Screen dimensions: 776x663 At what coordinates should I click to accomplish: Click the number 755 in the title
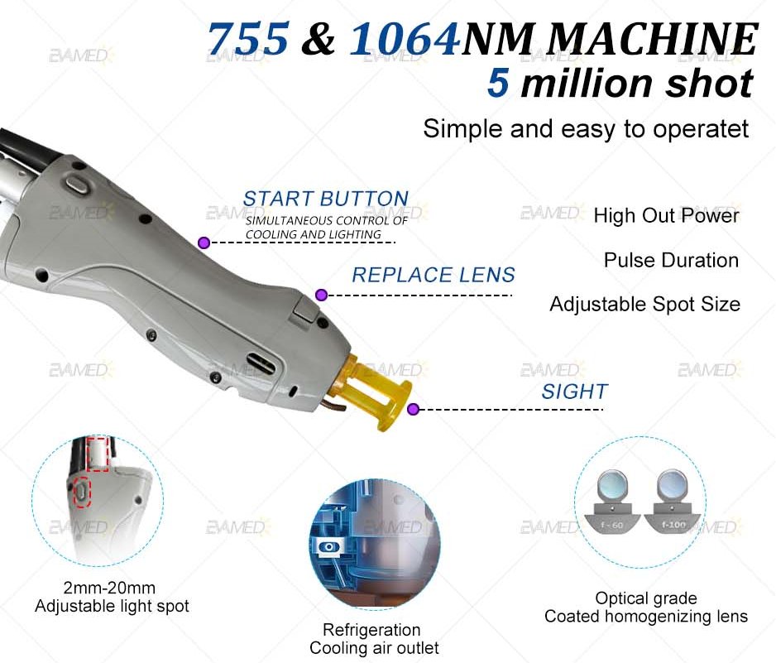pos(247,39)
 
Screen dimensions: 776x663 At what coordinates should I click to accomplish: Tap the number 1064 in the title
pos(405,39)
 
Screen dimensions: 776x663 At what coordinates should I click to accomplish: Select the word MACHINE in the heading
pos(654,39)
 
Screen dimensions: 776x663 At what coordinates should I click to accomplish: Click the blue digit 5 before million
pos(498,83)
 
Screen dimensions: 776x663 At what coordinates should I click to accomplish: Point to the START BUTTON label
pos(326,199)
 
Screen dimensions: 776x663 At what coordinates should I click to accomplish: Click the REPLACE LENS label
pos(434,275)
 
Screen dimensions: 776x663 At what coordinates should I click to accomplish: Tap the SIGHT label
pos(574,392)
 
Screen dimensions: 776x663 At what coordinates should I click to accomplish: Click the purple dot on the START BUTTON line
pos(204,243)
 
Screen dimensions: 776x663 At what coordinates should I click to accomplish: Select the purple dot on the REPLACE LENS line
pos(321,295)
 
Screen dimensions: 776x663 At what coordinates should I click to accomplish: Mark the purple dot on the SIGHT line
pos(414,409)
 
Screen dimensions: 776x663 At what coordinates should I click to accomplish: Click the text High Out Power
pos(666,215)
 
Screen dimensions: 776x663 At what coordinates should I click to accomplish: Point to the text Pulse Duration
pos(671,260)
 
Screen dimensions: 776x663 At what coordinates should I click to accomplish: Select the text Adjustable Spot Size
pos(644,305)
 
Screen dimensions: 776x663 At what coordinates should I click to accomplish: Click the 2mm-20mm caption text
pos(109,588)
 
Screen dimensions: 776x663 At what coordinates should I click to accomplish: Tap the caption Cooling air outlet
pos(374,647)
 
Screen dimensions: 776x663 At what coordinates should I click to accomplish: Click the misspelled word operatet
pos(701,130)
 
